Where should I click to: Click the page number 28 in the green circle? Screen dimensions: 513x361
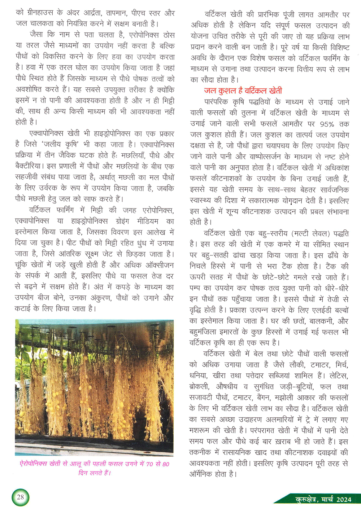(x=21, y=497)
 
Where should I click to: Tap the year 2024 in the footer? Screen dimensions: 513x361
(x=343, y=499)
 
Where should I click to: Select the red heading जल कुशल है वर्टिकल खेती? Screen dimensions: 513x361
(x=243, y=91)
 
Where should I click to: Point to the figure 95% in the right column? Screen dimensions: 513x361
(x=327, y=124)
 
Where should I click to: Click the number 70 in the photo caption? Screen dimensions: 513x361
(x=149, y=464)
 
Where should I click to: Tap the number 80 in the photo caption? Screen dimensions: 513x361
(x=166, y=464)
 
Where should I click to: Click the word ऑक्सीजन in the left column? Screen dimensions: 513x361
(x=159, y=265)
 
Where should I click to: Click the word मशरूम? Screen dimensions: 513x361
(x=200, y=431)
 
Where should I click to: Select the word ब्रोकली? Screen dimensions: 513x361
(x=199, y=387)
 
